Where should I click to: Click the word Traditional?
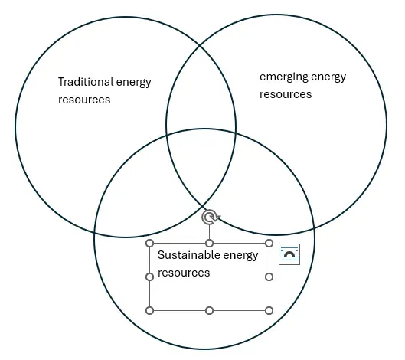86,82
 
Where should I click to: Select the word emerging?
284,77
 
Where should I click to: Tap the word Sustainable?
189,255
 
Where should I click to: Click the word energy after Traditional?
133,83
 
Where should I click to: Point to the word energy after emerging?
328,78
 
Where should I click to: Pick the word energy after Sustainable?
240,256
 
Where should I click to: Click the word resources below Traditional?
84,100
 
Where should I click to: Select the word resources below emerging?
286,94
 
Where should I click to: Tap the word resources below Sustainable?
184,273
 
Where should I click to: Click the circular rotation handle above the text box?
210,217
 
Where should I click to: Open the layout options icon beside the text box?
289,254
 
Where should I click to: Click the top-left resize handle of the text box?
150,243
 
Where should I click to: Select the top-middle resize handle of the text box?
210,243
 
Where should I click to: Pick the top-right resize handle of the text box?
269,243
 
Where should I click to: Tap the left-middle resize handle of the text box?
150,277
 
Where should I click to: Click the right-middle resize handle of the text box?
269,277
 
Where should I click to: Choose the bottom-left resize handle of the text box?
150,310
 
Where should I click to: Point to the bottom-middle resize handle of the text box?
210,310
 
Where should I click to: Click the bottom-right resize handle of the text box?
269,310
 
